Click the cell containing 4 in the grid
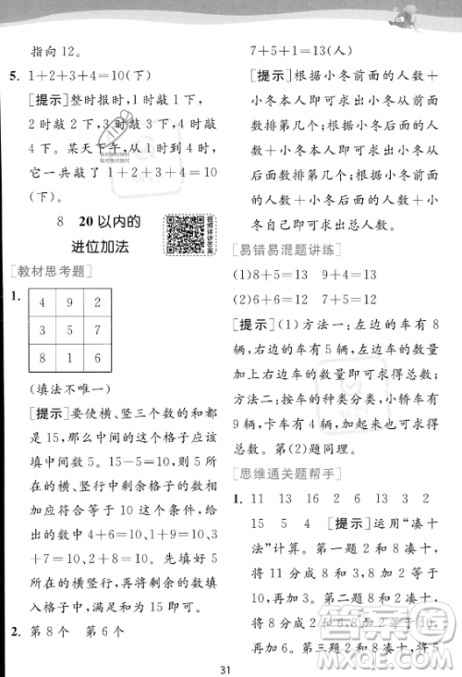[x=43, y=302]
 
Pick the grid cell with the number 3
[x=43, y=329]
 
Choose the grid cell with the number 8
[x=43, y=358]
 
